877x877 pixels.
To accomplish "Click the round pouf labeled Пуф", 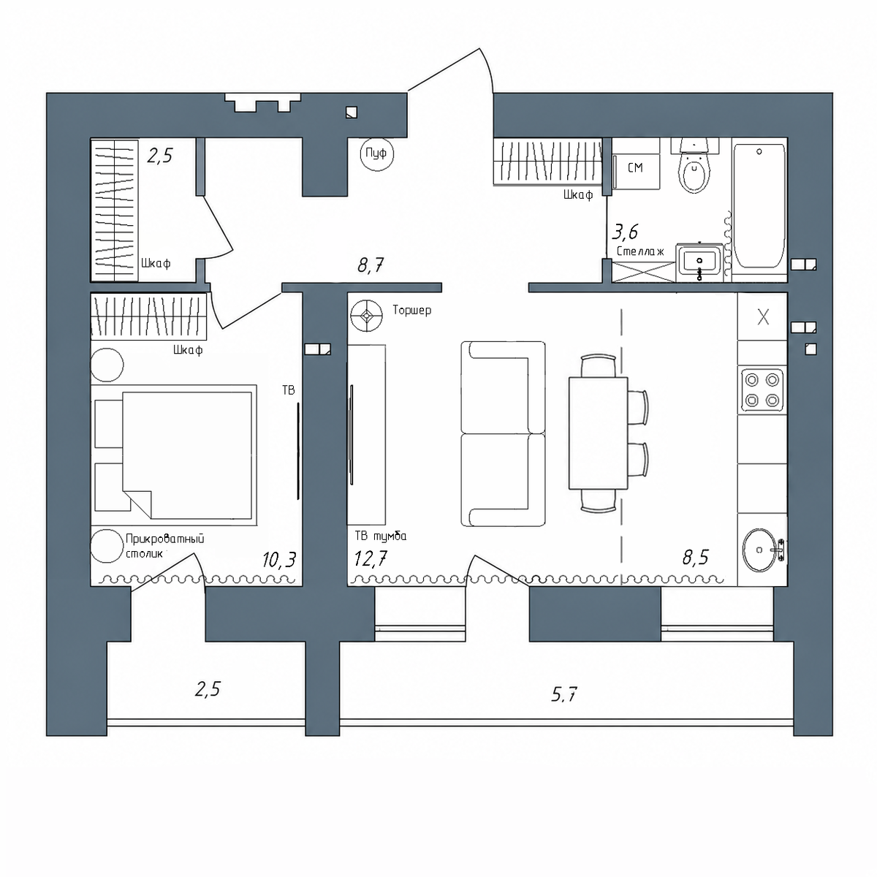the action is click(x=376, y=153).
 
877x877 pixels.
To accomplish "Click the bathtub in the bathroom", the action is click(x=759, y=207).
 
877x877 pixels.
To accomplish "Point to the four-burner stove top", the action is click(x=762, y=391).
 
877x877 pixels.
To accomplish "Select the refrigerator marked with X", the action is click(x=762, y=316).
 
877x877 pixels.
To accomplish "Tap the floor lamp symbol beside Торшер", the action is click(x=366, y=316).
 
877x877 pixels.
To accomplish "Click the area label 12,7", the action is click(x=371, y=558).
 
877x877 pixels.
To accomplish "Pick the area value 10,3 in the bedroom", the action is click(x=278, y=559).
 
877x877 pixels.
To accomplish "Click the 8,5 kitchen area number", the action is click(x=696, y=557).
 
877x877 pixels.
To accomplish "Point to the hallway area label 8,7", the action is click(x=371, y=265).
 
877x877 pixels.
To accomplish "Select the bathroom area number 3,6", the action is click(x=625, y=232).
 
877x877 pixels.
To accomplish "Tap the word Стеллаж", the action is click(x=640, y=251).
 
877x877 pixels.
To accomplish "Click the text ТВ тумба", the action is click(x=381, y=536).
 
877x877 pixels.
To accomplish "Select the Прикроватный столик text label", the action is click(x=164, y=546).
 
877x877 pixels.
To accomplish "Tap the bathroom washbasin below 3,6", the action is click(x=699, y=262).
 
